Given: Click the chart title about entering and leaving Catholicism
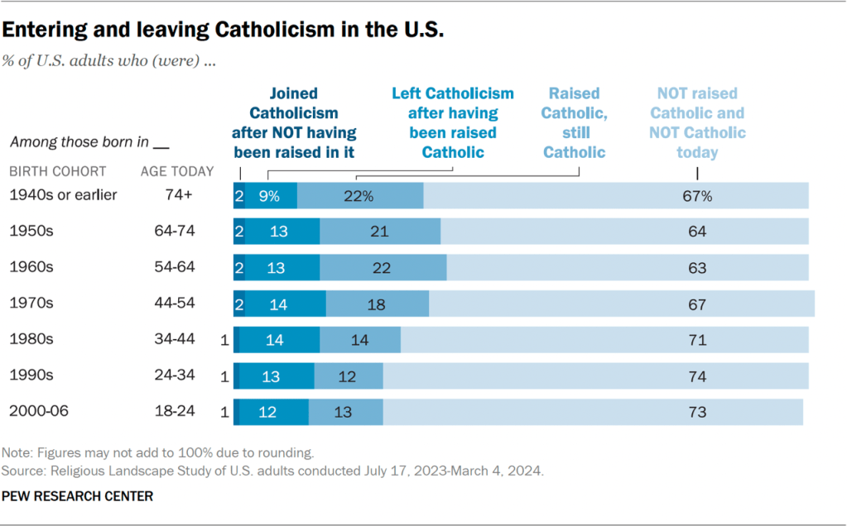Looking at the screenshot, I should point(224,30).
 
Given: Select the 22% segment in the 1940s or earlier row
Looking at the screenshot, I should point(359,196).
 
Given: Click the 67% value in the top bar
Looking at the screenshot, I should point(697,196).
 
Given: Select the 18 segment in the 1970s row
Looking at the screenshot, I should point(376,304).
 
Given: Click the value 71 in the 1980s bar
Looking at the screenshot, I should point(697,339).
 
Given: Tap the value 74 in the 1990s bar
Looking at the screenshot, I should point(697,375).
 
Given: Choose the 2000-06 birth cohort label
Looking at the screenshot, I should point(36,411).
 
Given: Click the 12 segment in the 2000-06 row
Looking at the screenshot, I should point(267,411).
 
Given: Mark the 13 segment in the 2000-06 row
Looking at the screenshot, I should point(343,411).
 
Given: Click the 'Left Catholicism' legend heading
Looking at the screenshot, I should point(452,122).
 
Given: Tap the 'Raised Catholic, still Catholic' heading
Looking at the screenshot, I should point(574,122).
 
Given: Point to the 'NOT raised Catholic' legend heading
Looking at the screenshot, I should point(697,122).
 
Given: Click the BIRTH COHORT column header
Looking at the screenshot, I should point(57,171).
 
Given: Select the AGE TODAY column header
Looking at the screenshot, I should point(177,171).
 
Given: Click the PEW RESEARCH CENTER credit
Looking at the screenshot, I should point(78,496).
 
